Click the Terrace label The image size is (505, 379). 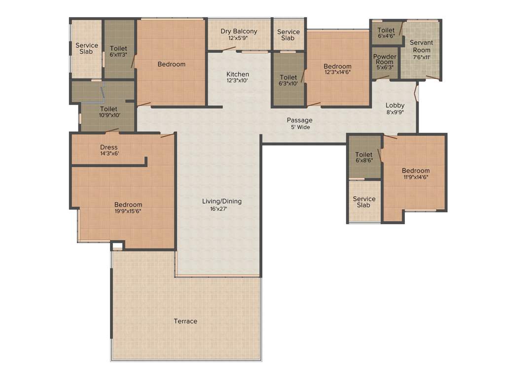click(185, 321)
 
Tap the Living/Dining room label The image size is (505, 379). click(222, 201)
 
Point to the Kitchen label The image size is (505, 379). click(238, 75)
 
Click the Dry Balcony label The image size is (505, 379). click(239, 32)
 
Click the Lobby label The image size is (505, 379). click(395, 105)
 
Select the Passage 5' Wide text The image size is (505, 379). click(300, 123)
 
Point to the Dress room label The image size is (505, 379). click(109, 147)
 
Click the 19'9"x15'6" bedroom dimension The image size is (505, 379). click(128, 212)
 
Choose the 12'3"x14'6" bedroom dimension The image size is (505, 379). click(338, 73)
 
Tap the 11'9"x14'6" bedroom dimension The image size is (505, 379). click(416, 177)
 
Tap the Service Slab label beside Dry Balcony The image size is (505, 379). click(288, 35)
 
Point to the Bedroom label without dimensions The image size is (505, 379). click(172, 64)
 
